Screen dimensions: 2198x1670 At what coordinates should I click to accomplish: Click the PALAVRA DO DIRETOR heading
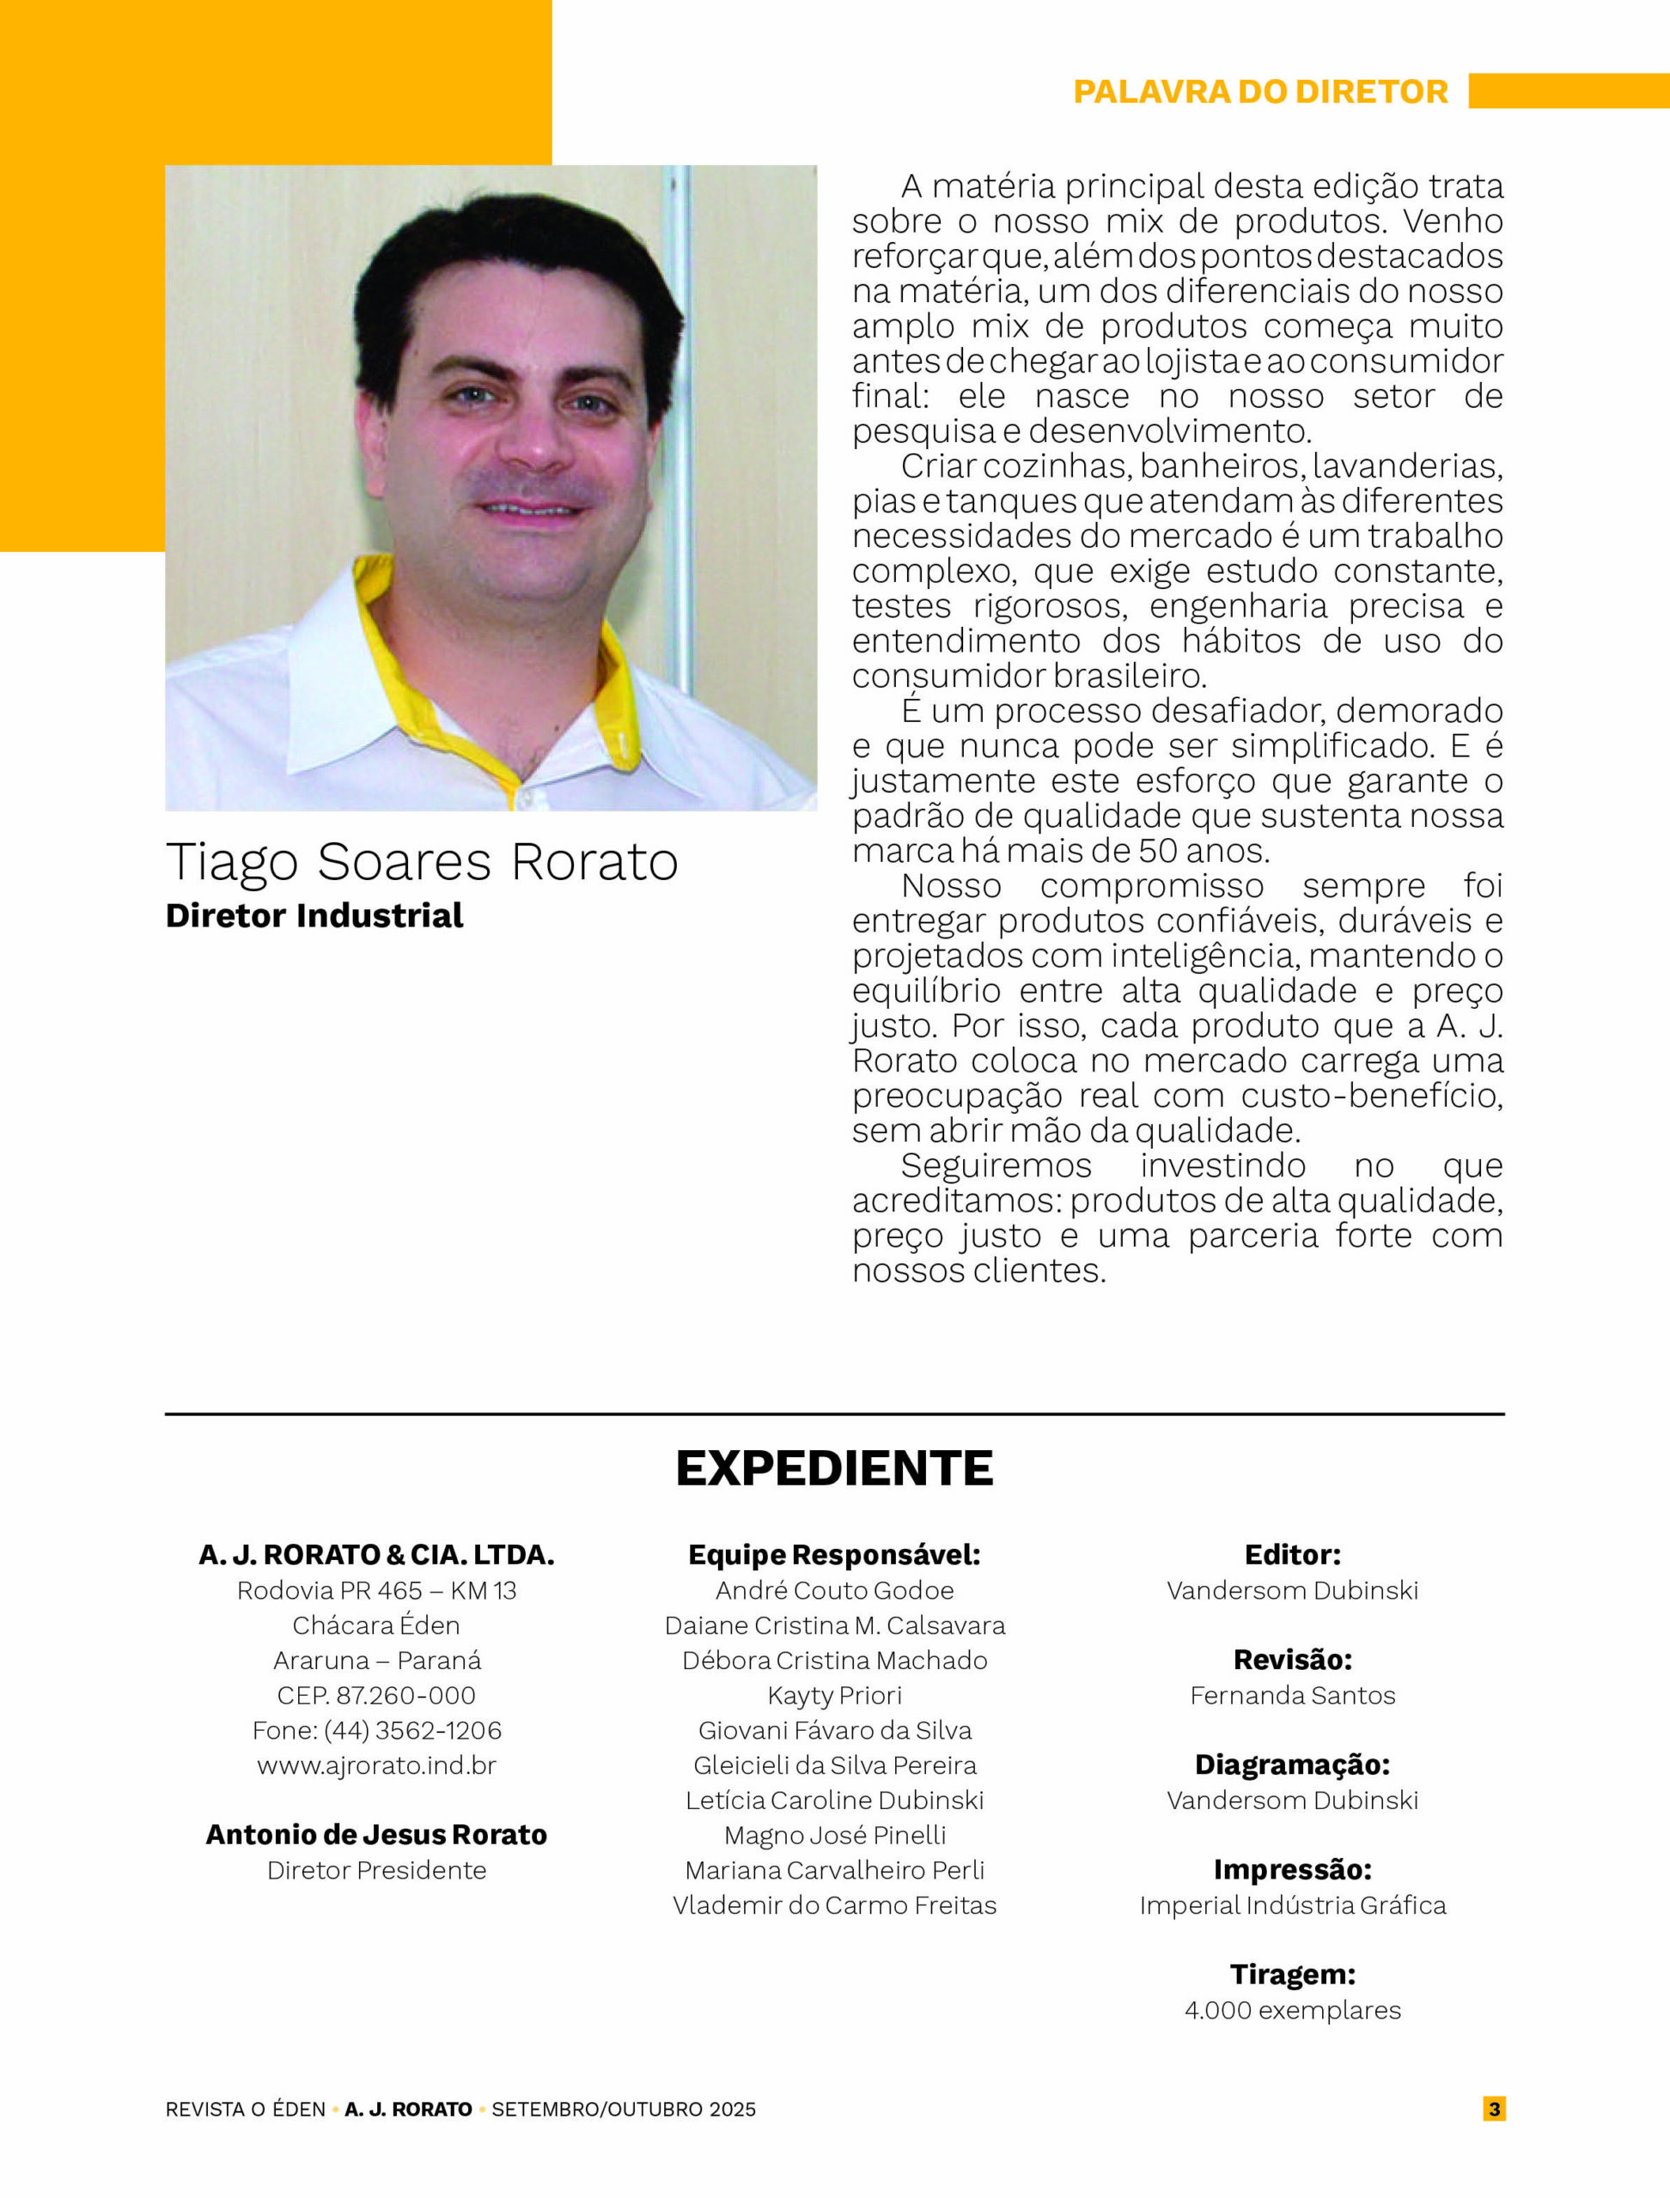click(x=1259, y=91)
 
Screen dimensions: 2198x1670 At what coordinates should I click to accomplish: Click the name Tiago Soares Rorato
click(x=422, y=861)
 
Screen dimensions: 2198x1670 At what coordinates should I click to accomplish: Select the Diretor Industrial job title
click(x=314, y=915)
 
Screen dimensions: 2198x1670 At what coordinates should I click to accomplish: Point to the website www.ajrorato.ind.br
click(x=377, y=1764)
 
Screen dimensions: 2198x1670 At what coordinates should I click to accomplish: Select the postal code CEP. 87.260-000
click(x=377, y=1695)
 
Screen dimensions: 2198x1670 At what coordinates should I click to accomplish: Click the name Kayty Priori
click(x=834, y=1695)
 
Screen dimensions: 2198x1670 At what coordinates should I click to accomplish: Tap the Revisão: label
click(x=1292, y=1660)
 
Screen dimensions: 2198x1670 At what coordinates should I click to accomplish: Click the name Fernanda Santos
click(x=1292, y=1695)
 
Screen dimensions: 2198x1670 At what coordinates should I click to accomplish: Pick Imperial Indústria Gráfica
click(x=1292, y=1905)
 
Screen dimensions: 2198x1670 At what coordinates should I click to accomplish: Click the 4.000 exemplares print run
click(x=1292, y=2010)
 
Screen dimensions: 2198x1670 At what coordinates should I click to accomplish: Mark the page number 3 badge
click(x=1494, y=2109)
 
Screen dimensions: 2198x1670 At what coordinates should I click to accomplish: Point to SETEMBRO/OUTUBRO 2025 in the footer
click(x=624, y=2110)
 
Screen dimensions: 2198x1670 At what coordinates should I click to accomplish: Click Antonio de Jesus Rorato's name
click(x=377, y=1834)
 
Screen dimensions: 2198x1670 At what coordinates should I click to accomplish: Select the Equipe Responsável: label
click(x=834, y=1555)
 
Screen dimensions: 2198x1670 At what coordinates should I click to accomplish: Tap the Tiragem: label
click(x=1292, y=1975)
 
